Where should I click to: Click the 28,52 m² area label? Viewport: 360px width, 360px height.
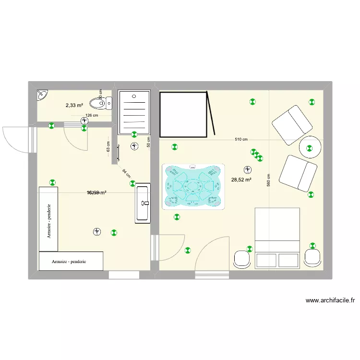[241, 180]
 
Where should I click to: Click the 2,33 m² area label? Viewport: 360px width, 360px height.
[74, 105]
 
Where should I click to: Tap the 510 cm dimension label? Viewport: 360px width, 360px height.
[241, 140]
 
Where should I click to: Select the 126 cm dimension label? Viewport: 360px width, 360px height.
[92, 115]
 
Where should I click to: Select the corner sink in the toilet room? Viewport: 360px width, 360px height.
[42, 95]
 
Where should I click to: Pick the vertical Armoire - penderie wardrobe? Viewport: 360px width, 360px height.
[48, 219]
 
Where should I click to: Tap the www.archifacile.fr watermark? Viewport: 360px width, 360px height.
[330, 301]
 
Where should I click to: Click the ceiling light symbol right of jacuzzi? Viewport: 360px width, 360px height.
[247, 169]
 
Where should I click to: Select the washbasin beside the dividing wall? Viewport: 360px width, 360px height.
[144, 204]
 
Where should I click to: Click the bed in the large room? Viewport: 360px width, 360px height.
[277, 237]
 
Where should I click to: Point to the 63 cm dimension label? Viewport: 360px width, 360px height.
[108, 146]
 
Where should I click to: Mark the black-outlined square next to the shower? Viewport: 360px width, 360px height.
[183, 114]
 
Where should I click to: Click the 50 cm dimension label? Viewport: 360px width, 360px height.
[148, 142]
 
